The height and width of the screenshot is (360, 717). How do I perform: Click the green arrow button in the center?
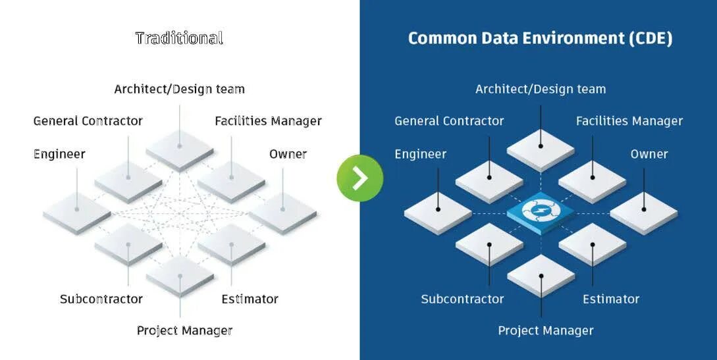point(359,178)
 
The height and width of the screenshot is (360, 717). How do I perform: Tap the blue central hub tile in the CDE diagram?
point(540,211)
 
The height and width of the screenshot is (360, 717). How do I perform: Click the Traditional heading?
point(179,38)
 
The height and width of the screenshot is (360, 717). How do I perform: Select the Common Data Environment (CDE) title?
point(540,38)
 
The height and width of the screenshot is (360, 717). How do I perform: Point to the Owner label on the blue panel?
point(649,154)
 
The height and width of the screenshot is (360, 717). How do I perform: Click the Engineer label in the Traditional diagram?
point(59,154)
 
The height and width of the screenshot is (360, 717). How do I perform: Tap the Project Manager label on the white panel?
point(184,330)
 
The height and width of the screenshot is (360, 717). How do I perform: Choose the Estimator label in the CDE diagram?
point(611,299)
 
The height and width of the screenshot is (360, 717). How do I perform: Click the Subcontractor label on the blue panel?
point(462,299)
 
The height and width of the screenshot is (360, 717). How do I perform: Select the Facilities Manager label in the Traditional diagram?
point(268,121)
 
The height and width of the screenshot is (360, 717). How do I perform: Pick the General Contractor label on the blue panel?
point(449,121)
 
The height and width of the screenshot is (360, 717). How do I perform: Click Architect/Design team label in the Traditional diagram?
point(179,89)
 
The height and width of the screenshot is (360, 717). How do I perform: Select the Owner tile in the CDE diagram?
point(643,211)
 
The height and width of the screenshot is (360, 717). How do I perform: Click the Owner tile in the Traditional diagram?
point(282,211)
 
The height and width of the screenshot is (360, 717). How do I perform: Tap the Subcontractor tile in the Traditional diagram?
point(128,243)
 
